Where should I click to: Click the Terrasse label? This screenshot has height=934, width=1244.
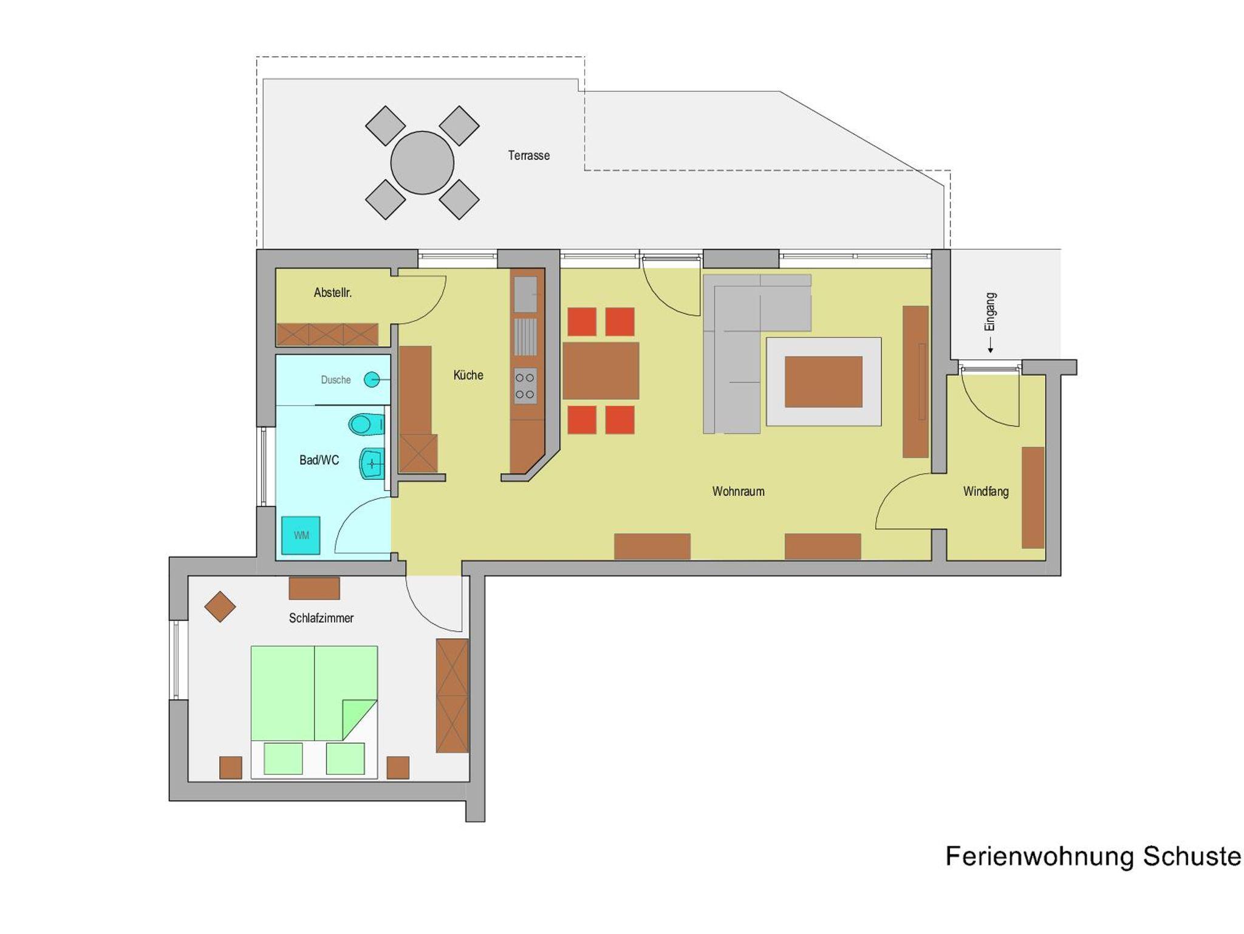point(528,155)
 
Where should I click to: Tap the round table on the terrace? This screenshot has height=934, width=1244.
point(422,163)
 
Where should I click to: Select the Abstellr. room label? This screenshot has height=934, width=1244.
point(332,293)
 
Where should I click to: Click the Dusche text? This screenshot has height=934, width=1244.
point(336,380)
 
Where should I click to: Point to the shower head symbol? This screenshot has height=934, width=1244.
point(372,380)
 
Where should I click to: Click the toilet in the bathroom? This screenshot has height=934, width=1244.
point(366,424)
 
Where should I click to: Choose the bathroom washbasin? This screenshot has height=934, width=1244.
point(372,464)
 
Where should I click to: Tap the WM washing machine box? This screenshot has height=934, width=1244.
point(301,535)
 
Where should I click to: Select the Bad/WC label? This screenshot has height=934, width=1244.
point(319,460)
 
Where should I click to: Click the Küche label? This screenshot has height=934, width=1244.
point(468,375)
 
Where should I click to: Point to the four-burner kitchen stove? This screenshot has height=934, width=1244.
point(525,386)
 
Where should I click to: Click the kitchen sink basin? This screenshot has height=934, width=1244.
point(526,295)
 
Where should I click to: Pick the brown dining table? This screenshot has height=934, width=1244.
point(601,371)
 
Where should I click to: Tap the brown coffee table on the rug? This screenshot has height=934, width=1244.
point(823,382)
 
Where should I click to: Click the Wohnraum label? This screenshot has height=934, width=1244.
point(738,491)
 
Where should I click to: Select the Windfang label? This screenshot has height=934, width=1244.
point(986,491)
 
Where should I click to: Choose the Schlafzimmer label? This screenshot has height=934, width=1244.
point(321,618)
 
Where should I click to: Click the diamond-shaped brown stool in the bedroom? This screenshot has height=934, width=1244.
point(220,607)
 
